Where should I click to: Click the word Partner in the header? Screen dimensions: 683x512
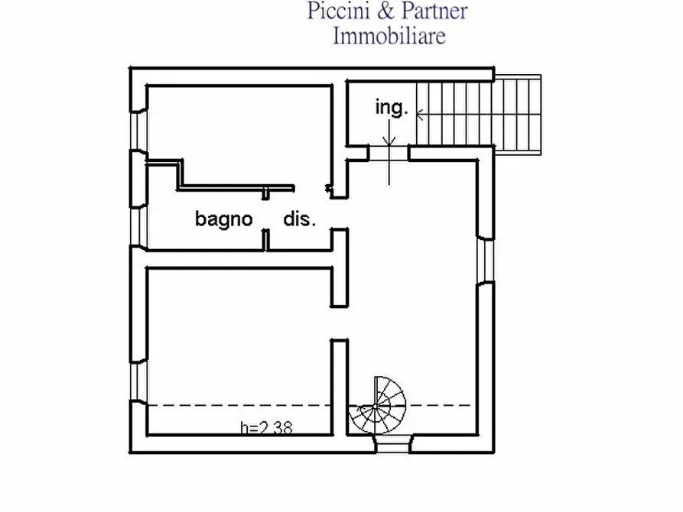click(x=434, y=11)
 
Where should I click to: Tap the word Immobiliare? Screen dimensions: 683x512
click(x=389, y=35)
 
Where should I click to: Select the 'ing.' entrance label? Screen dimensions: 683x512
click(x=392, y=107)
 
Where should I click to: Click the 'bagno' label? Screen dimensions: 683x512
click(x=224, y=219)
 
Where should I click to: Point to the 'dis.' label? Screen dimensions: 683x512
click(x=300, y=219)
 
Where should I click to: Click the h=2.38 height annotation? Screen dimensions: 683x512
click(x=266, y=428)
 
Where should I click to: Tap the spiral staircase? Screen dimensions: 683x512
click(x=377, y=406)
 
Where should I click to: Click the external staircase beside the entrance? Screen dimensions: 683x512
click(x=479, y=115)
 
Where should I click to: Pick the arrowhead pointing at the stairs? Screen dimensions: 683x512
click(x=420, y=115)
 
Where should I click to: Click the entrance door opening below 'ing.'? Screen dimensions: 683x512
click(x=389, y=154)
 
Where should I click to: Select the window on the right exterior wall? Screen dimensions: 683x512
click(x=486, y=261)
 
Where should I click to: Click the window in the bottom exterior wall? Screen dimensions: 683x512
click(x=393, y=444)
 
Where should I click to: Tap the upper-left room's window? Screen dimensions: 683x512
click(x=139, y=130)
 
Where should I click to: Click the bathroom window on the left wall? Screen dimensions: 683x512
click(x=139, y=226)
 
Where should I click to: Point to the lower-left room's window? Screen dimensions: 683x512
click(x=139, y=381)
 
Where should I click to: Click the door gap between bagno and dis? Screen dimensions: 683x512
click(x=265, y=214)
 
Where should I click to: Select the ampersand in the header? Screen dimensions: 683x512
click(x=385, y=11)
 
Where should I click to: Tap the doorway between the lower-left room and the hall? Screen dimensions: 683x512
click(x=340, y=323)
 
